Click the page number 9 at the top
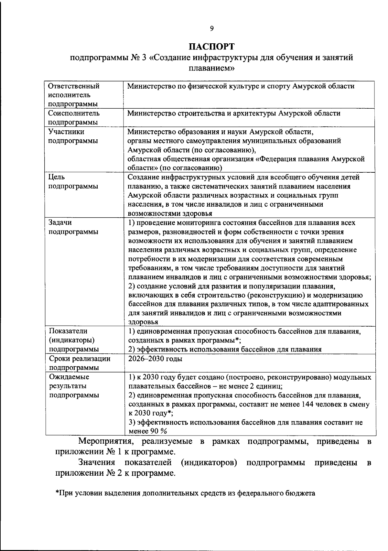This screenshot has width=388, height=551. click(x=212, y=28)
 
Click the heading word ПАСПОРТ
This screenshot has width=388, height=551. click(x=212, y=47)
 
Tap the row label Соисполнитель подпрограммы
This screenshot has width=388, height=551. click(x=74, y=118)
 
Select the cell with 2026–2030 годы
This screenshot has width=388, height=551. click(x=155, y=359)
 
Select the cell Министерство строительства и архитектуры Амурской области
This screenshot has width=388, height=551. click(x=234, y=113)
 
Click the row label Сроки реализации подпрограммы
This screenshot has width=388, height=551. click(x=80, y=363)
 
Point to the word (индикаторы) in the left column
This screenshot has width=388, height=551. click(x=72, y=340)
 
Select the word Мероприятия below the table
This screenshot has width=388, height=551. click(x=105, y=442)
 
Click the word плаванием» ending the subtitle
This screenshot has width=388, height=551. click(x=211, y=69)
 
